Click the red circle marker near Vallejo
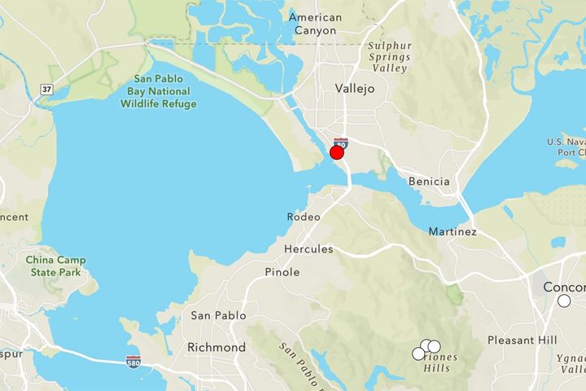point(336,152)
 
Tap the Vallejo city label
point(355,89)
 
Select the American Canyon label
point(315,24)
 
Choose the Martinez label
point(453,232)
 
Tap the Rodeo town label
point(304,217)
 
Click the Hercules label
point(308,248)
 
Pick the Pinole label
point(282,272)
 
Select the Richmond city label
point(216,347)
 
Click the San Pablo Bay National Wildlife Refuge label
point(164,91)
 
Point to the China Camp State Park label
point(56,266)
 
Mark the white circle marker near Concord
point(564,301)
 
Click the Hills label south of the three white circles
point(436,368)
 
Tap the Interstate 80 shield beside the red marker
point(341,143)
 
